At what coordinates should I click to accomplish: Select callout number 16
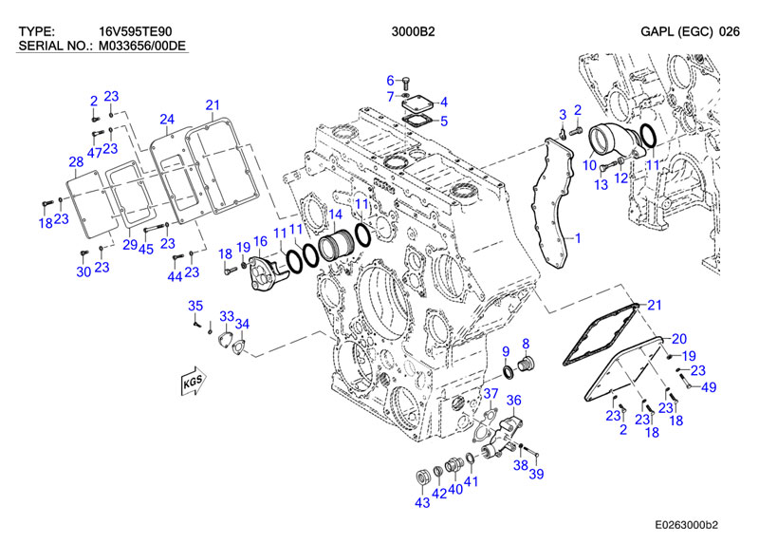point(259,244)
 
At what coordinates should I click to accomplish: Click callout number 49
point(708,386)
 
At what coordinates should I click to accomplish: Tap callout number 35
point(195,305)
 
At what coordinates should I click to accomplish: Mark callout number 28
point(76,161)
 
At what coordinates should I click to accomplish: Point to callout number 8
point(526,343)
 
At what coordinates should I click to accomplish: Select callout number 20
point(678,339)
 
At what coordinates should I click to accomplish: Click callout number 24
point(167,119)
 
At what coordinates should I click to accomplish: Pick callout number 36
point(513,400)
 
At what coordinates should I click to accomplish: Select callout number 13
point(600,184)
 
